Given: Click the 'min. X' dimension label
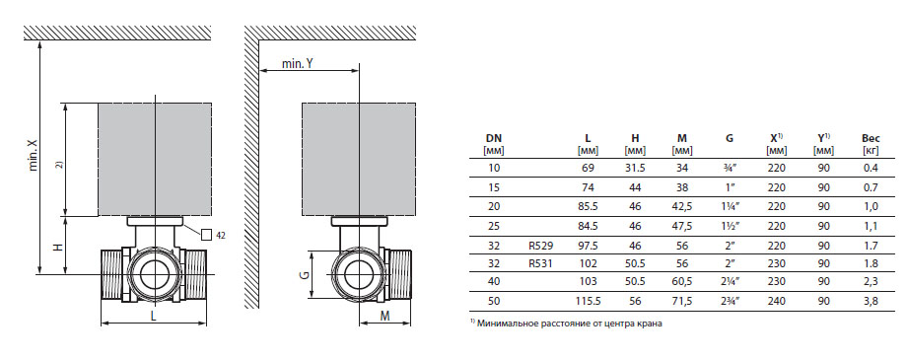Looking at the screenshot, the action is tap(33, 155).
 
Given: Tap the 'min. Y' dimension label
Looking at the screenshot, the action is tap(298, 64).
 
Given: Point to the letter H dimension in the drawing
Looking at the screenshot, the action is tap(58, 247).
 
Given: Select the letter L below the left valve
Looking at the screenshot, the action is tap(153, 316).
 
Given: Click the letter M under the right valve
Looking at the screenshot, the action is tap(385, 316).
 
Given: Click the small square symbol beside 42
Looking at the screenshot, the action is tap(206, 235).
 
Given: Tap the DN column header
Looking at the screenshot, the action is tap(493, 138).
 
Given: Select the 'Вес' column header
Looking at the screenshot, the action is tap(871, 138).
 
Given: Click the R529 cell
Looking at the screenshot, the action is tap(540, 246).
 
